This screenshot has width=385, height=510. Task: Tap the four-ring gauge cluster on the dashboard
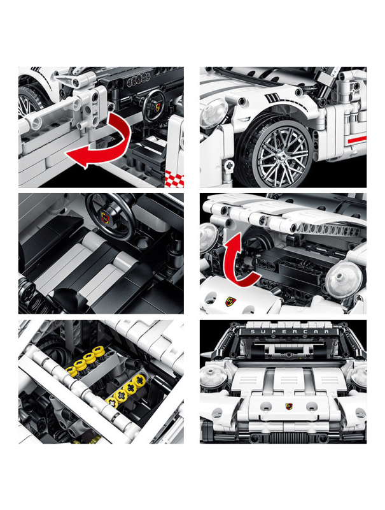tap(136, 82)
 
